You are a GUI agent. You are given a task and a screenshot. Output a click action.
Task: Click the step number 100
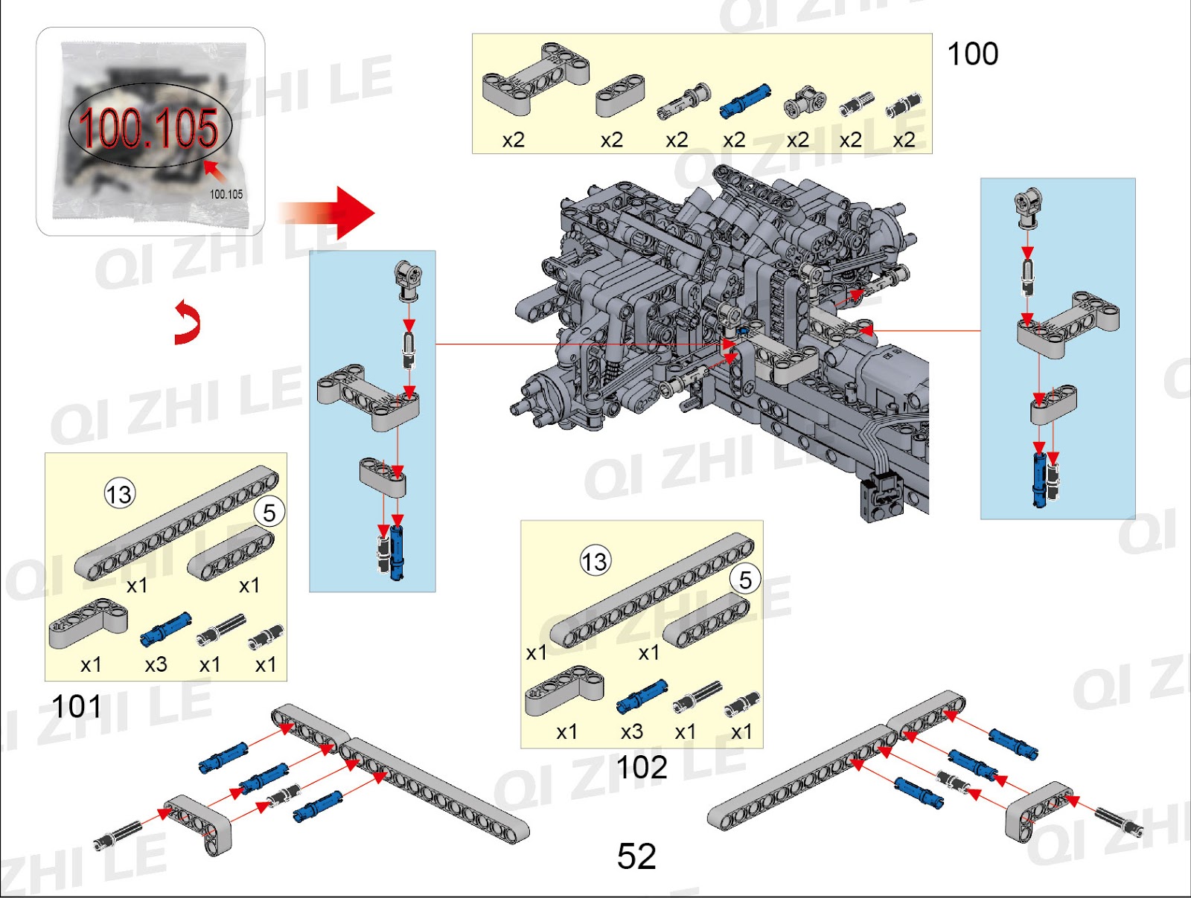coord(972,54)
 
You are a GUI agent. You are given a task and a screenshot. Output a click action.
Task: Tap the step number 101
coord(76,706)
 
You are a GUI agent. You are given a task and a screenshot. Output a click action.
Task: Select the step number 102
coord(642,767)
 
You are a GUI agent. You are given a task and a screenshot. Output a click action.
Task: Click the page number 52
coord(636,856)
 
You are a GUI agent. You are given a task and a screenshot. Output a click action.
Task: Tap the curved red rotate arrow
coord(188,323)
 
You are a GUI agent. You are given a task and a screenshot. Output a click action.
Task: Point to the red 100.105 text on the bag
coord(149,127)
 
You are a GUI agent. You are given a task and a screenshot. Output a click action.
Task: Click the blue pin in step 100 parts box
coord(744,101)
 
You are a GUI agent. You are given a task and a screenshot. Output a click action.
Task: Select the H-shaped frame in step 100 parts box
coord(535,78)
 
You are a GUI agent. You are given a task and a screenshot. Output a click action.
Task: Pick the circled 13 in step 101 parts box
coord(119,494)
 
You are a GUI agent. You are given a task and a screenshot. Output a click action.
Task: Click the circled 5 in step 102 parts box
coord(745,580)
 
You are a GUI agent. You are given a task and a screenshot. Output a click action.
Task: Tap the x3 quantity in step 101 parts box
coord(156,664)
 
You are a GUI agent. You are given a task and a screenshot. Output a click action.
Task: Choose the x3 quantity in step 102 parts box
coord(632,731)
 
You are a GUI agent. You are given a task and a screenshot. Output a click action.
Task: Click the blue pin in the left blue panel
coord(397,552)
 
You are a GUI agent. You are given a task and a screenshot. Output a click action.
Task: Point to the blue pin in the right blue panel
coord(1039,478)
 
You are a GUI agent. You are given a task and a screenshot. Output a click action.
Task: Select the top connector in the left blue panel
coord(408,279)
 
